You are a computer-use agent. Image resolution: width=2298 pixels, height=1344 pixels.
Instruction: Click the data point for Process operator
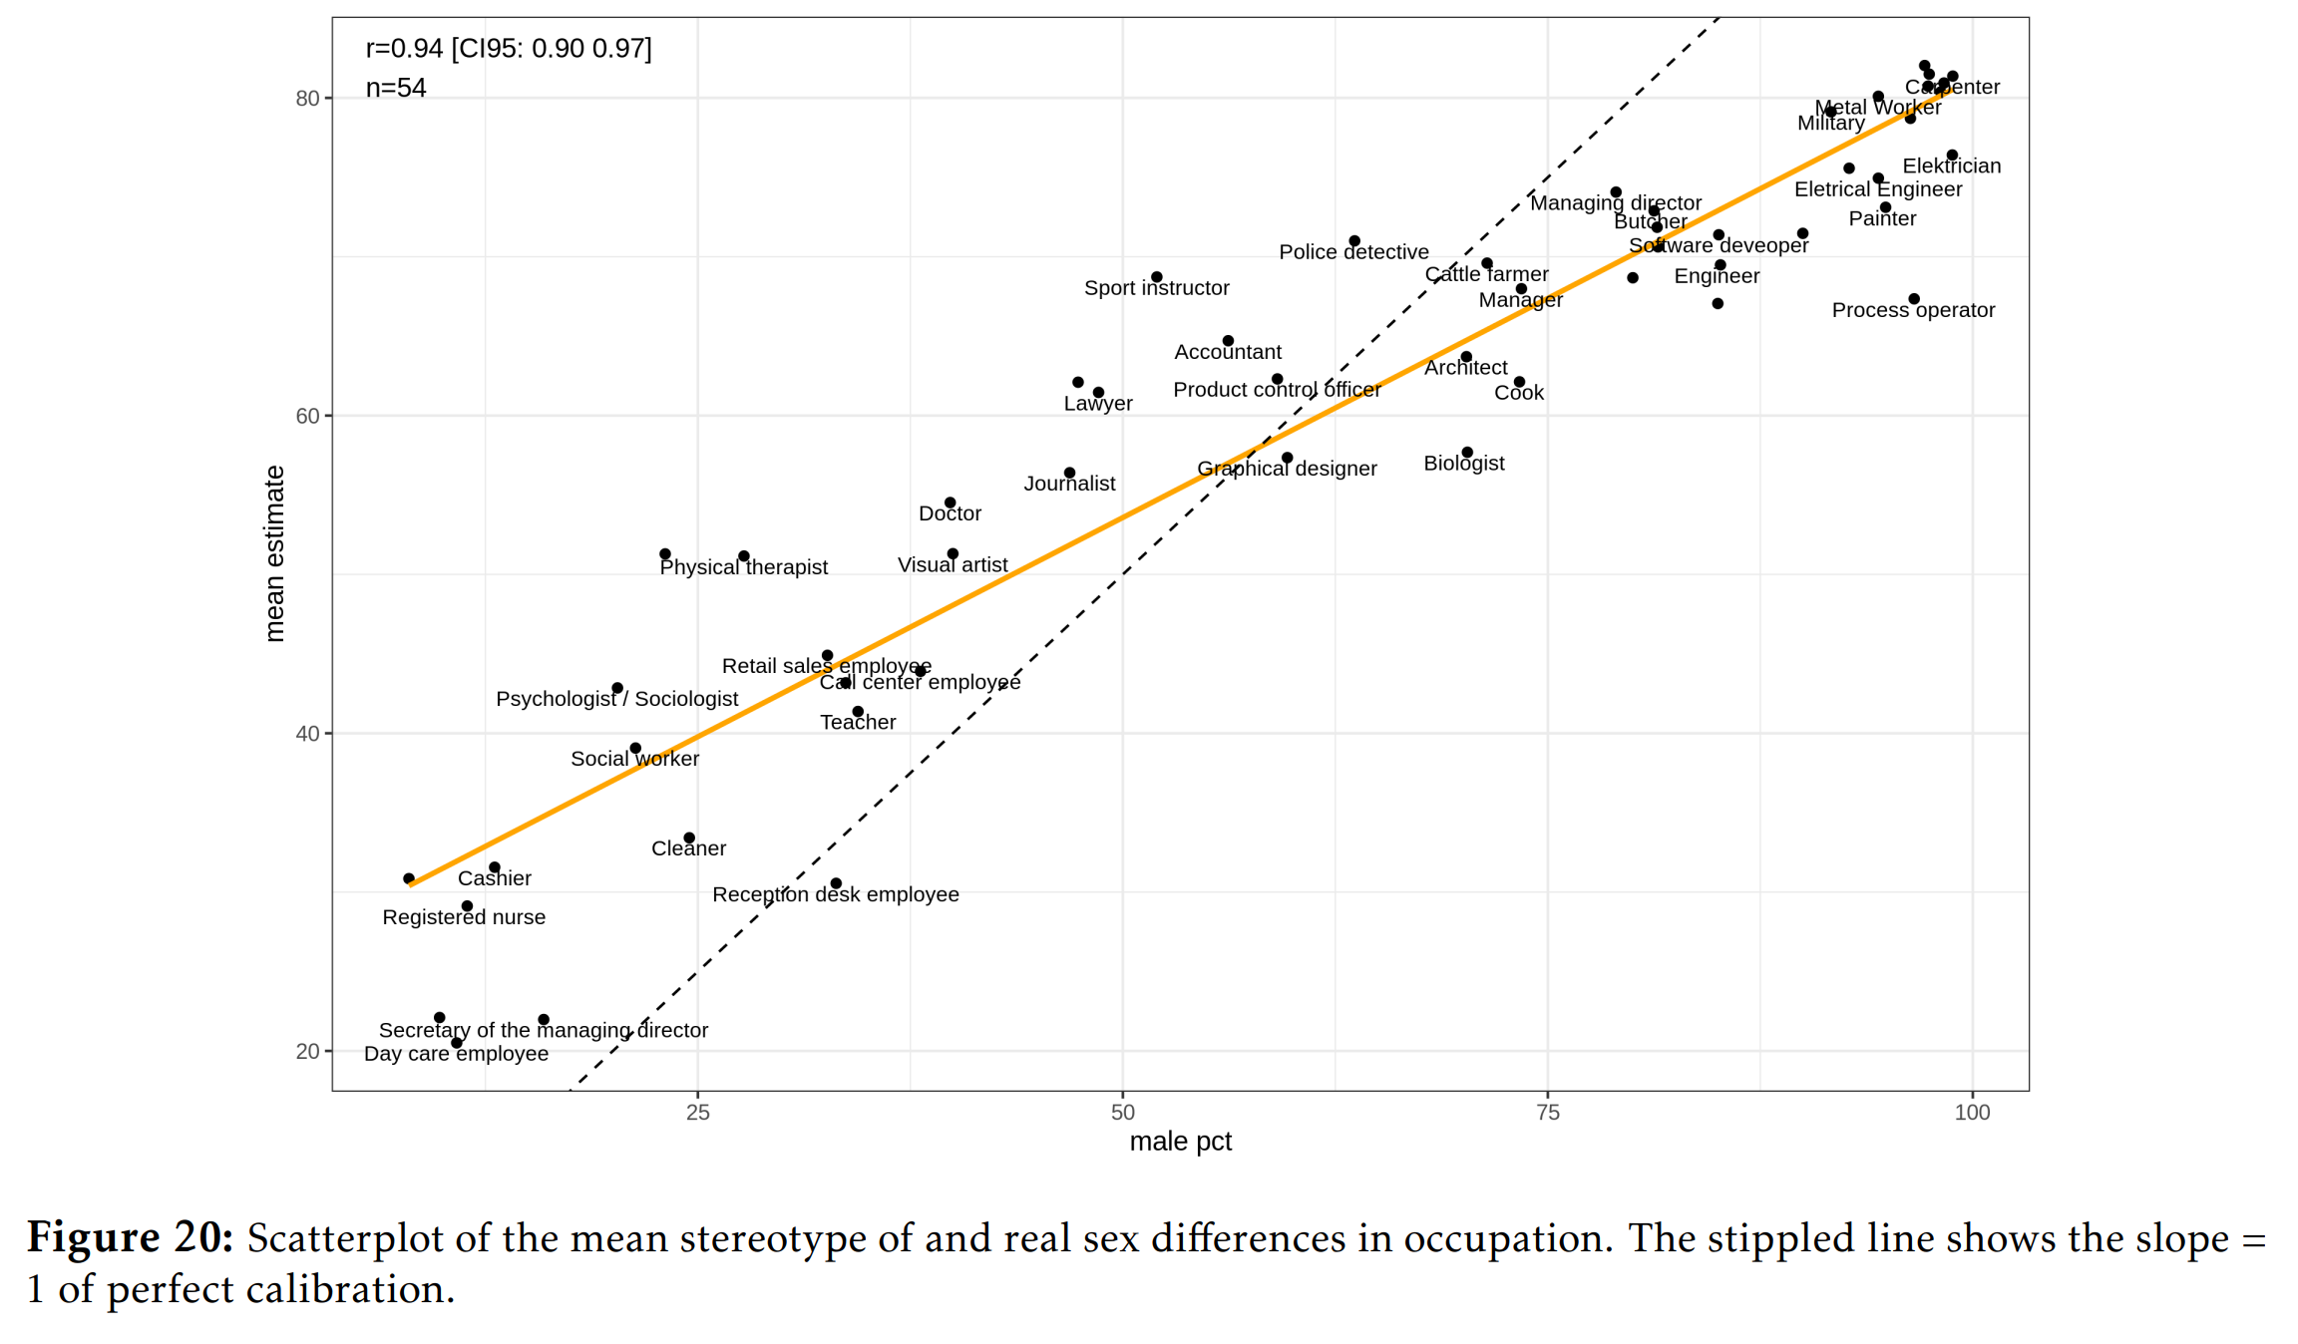click(1914, 299)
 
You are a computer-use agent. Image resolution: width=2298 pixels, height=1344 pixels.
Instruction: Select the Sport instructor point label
click(1156, 288)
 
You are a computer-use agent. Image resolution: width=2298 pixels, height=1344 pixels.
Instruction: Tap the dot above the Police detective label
click(1354, 241)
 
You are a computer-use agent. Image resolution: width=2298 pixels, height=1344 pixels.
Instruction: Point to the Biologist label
click(1463, 464)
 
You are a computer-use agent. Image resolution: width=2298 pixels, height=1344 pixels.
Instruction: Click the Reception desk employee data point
click(836, 883)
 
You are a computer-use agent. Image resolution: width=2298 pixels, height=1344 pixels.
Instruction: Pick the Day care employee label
click(456, 1054)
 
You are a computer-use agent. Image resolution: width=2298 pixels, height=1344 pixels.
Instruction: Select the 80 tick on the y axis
click(307, 98)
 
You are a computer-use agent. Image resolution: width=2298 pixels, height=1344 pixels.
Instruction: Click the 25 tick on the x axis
click(698, 1113)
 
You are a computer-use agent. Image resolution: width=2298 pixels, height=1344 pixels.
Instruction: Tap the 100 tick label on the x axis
click(1972, 1113)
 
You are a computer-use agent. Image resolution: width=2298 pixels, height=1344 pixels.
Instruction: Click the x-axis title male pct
click(1180, 1142)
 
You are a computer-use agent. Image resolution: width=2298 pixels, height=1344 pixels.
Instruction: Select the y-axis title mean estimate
click(274, 553)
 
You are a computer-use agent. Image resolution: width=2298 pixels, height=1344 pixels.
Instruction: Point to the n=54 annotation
click(396, 89)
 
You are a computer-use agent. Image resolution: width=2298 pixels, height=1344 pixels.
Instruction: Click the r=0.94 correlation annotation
click(508, 49)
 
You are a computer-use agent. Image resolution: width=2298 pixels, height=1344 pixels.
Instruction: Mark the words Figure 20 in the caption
click(130, 1238)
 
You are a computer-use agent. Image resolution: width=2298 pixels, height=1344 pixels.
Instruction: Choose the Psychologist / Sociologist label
click(616, 699)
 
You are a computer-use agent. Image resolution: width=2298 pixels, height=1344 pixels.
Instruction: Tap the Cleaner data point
click(689, 839)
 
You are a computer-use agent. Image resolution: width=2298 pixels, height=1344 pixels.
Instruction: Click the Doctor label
click(950, 513)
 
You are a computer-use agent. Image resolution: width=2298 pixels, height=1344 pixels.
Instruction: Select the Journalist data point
click(1069, 473)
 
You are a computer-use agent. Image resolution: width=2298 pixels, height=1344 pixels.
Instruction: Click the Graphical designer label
click(1287, 469)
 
